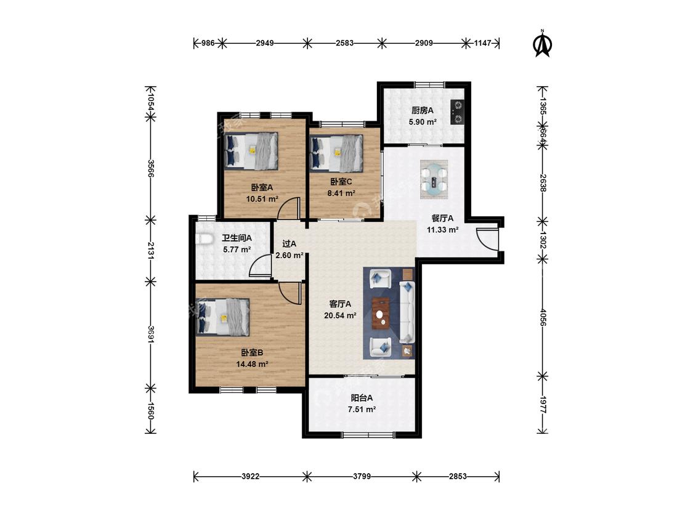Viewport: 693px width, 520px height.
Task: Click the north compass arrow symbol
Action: pos(543,44)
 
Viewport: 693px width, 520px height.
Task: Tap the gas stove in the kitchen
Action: pos(457,112)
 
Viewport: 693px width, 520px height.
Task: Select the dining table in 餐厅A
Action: pos(434,179)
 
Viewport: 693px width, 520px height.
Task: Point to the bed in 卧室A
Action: pos(251,151)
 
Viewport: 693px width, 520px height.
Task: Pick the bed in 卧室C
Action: pos(337,153)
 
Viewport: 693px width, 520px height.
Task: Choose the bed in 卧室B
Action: pos(223,317)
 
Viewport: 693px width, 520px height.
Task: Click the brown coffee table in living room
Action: pos(380,314)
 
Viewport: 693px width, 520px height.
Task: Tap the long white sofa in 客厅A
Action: pos(407,312)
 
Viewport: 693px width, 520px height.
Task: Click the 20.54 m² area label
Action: pos(340,315)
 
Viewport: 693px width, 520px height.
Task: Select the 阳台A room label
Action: pos(362,397)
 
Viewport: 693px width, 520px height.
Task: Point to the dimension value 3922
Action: pos(251,476)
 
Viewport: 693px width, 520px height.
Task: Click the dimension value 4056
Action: pos(543,317)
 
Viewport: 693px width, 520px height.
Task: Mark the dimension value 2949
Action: pos(265,43)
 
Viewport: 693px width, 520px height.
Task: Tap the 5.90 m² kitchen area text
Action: pos(423,121)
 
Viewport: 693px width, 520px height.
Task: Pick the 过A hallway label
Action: pos(290,243)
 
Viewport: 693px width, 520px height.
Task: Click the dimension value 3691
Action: pos(151,335)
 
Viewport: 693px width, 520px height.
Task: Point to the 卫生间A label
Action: pos(237,238)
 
